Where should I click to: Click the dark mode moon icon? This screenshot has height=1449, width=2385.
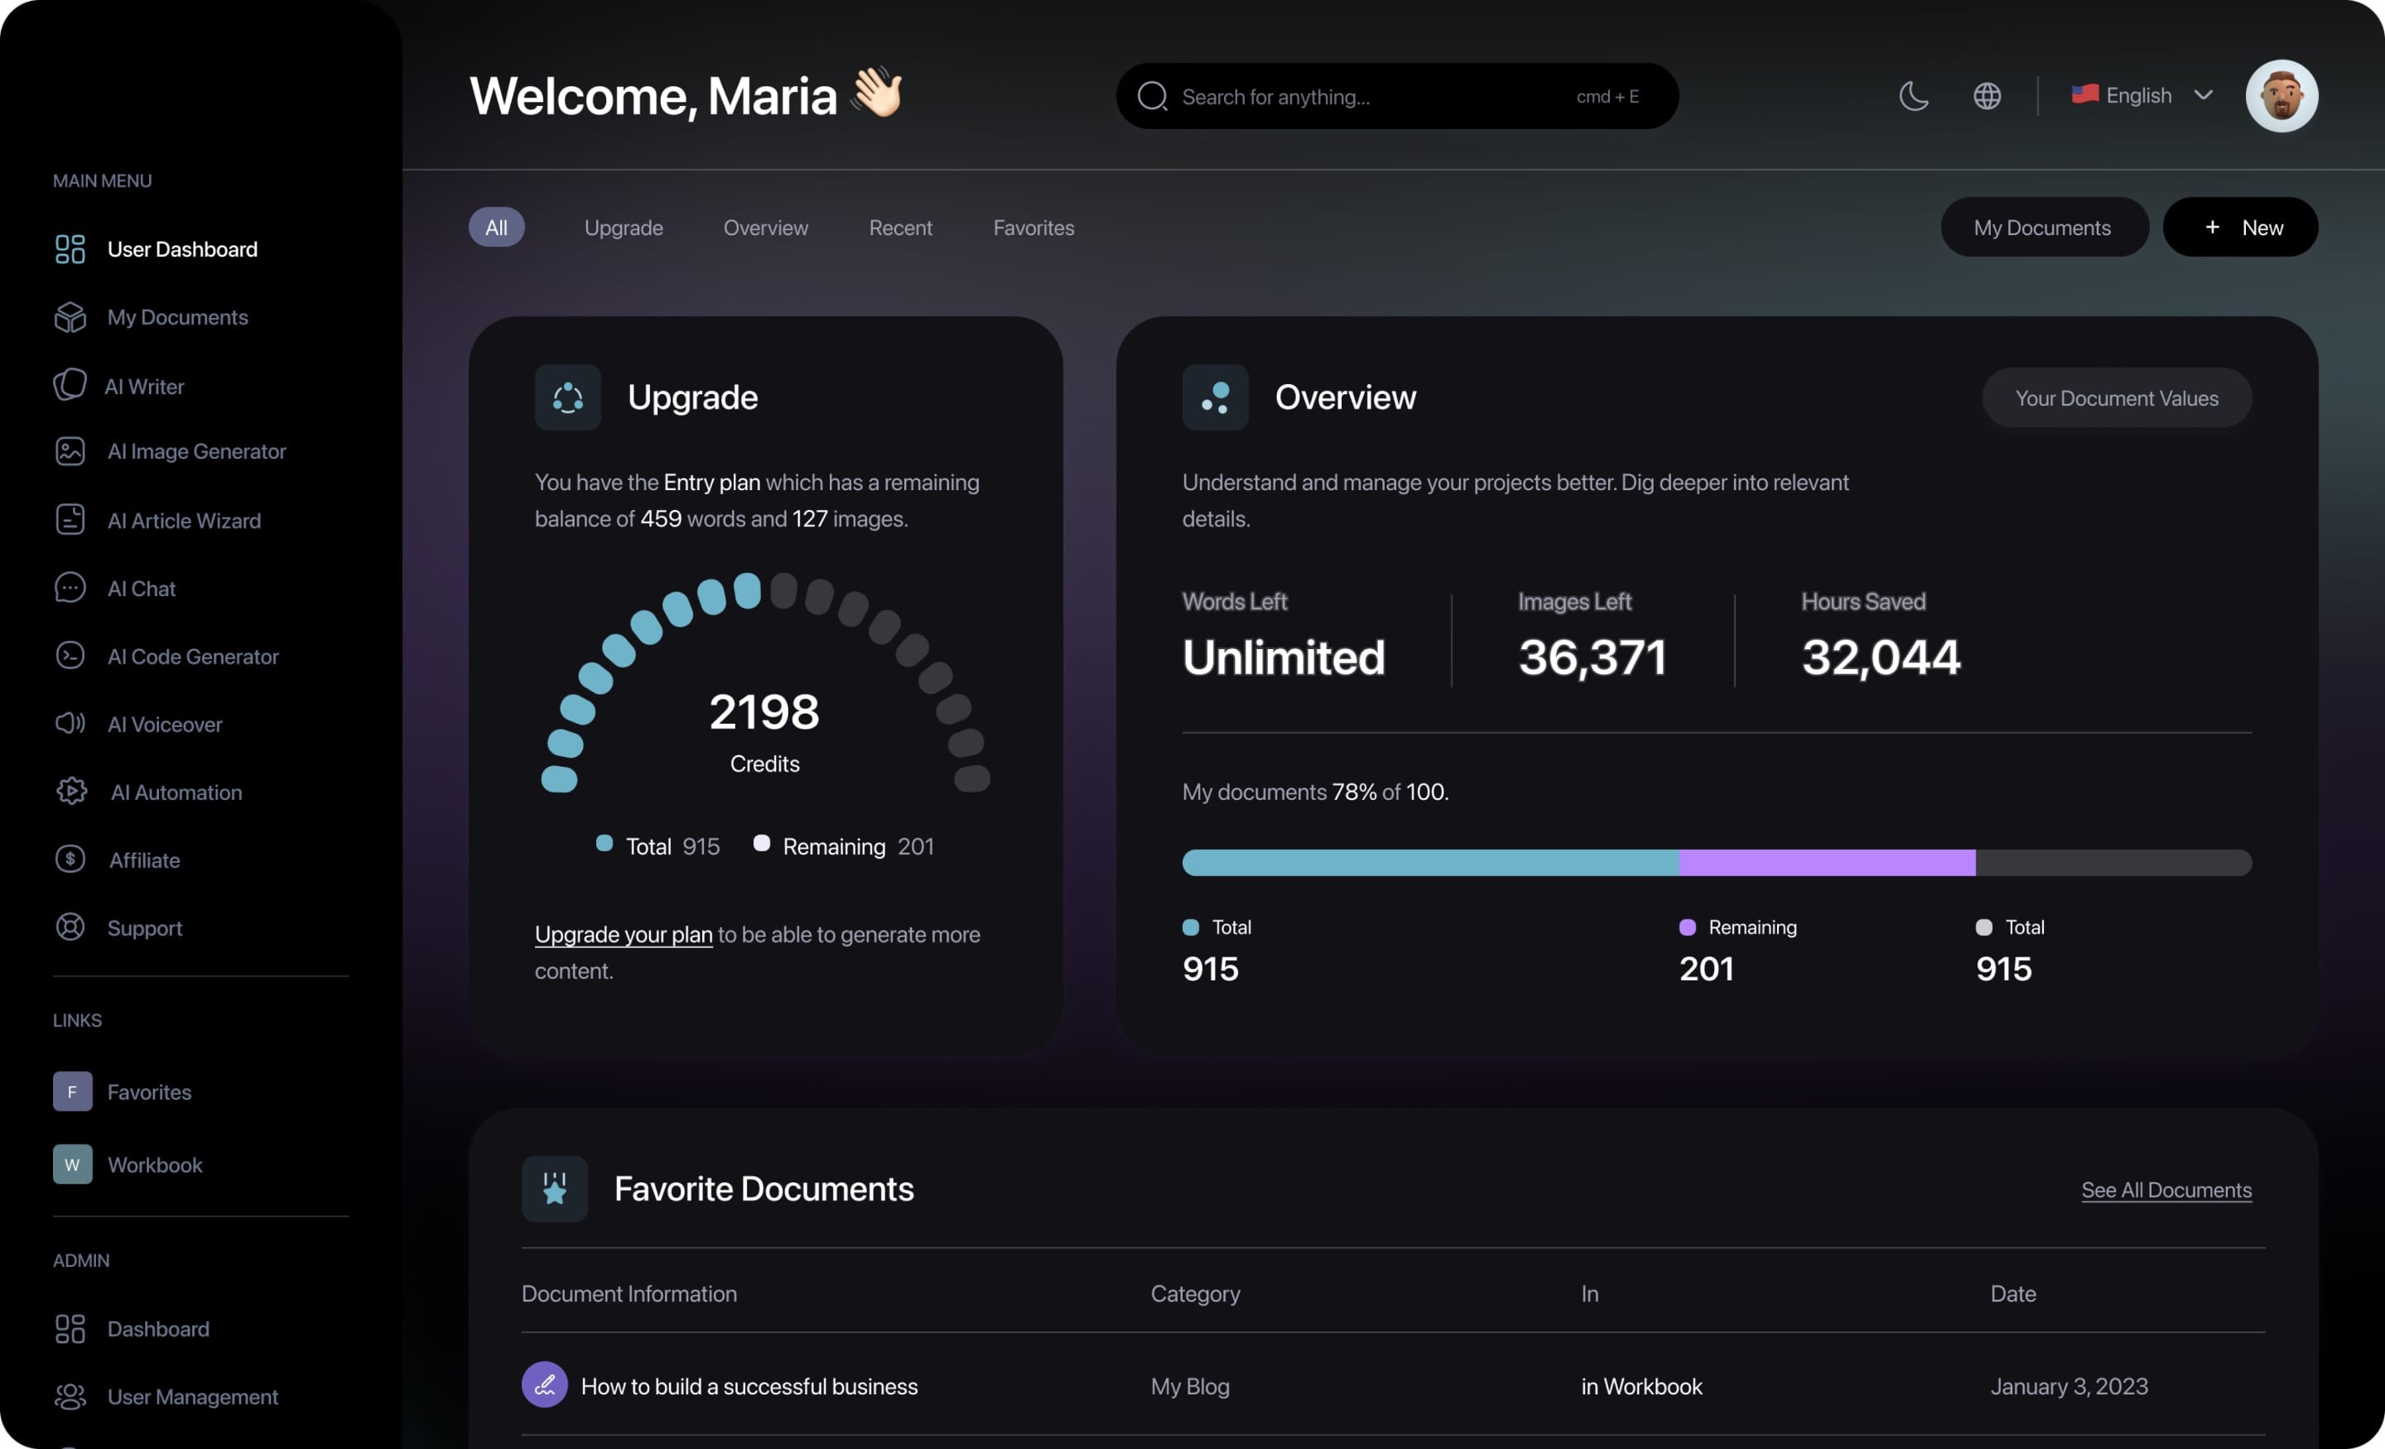click(1914, 96)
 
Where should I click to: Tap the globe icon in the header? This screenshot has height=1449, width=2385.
click(1987, 96)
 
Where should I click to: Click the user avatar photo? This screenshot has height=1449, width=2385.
click(2281, 96)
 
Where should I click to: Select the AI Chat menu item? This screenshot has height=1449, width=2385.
click(142, 589)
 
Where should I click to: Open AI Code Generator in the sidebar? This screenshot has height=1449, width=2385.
click(193, 657)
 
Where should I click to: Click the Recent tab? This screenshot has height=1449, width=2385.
click(900, 228)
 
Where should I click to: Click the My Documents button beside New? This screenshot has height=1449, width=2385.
click(2042, 228)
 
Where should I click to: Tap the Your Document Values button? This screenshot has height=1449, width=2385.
click(2116, 397)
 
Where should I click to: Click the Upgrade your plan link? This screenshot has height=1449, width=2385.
click(624, 934)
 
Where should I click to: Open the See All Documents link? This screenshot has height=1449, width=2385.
click(2166, 1190)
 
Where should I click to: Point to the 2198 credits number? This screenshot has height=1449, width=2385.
click(764, 712)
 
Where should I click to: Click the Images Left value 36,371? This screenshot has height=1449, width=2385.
click(1592, 657)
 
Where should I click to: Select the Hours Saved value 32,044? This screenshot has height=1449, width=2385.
click(1881, 657)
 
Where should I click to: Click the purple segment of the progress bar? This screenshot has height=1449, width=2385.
click(1827, 863)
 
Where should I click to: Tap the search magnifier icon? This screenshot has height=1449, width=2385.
click(1152, 97)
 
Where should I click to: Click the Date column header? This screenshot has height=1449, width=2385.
click(2012, 1294)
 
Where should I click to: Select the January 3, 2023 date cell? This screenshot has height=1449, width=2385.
click(2069, 1386)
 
